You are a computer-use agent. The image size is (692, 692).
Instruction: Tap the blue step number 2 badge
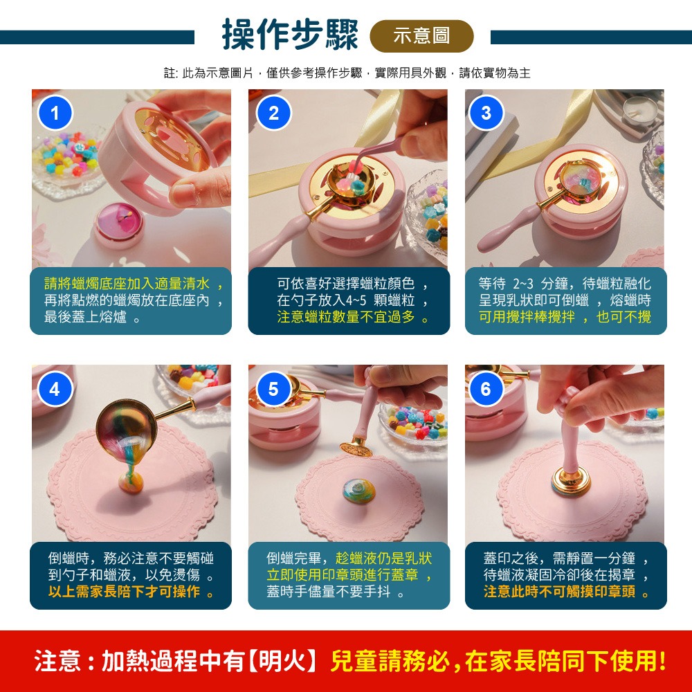pos(273,113)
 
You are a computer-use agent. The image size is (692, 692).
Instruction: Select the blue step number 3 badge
pos(486,113)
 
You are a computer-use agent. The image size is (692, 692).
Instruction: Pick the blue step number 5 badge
pos(273,390)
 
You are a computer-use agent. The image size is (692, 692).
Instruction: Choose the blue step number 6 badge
pos(486,390)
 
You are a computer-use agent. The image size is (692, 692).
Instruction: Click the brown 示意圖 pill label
pos(421,36)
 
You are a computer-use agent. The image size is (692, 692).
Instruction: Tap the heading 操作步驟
pos(290,35)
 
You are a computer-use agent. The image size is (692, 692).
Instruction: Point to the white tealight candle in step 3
pos(639,109)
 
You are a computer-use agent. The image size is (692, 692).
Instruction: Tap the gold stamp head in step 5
pos(356,448)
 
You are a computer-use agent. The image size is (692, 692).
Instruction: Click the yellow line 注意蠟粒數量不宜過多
pos(352,318)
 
